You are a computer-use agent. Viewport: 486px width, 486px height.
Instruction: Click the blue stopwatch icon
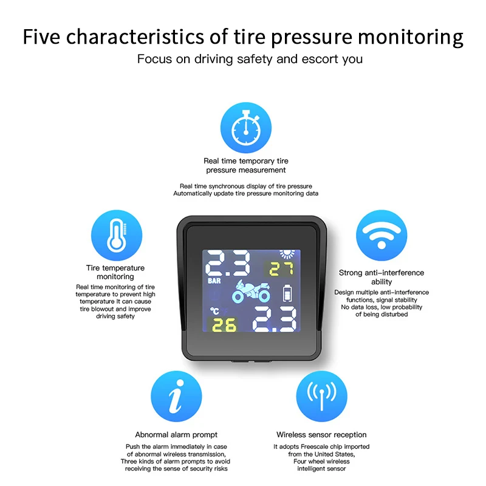(246, 128)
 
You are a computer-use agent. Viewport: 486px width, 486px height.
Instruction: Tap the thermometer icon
(117, 235)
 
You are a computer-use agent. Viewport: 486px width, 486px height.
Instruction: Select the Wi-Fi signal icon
(382, 235)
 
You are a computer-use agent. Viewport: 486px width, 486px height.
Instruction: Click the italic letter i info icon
(176, 396)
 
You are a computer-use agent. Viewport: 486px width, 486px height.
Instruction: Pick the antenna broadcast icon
(322, 396)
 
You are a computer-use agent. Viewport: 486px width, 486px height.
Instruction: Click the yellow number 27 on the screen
(281, 269)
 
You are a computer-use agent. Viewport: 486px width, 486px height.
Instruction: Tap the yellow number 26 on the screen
(224, 325)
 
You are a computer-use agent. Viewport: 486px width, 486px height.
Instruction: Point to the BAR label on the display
(214, 281)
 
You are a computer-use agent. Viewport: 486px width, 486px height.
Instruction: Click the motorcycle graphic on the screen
(251, 291)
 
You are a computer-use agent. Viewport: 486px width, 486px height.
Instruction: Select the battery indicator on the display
(287, 293)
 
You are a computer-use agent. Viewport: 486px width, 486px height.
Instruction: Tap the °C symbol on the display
(214, 311)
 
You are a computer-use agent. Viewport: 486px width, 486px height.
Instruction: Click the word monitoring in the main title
(411, 37)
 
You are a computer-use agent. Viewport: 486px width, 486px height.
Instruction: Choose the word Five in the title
(41, 36)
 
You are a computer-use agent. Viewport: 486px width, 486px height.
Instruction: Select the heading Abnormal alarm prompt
(176, 434)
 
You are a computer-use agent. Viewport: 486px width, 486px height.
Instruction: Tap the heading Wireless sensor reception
(321, 434)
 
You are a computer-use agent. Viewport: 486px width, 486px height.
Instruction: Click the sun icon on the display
(287, 254)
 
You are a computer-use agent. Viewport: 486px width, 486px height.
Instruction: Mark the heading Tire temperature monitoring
(115, 272)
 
